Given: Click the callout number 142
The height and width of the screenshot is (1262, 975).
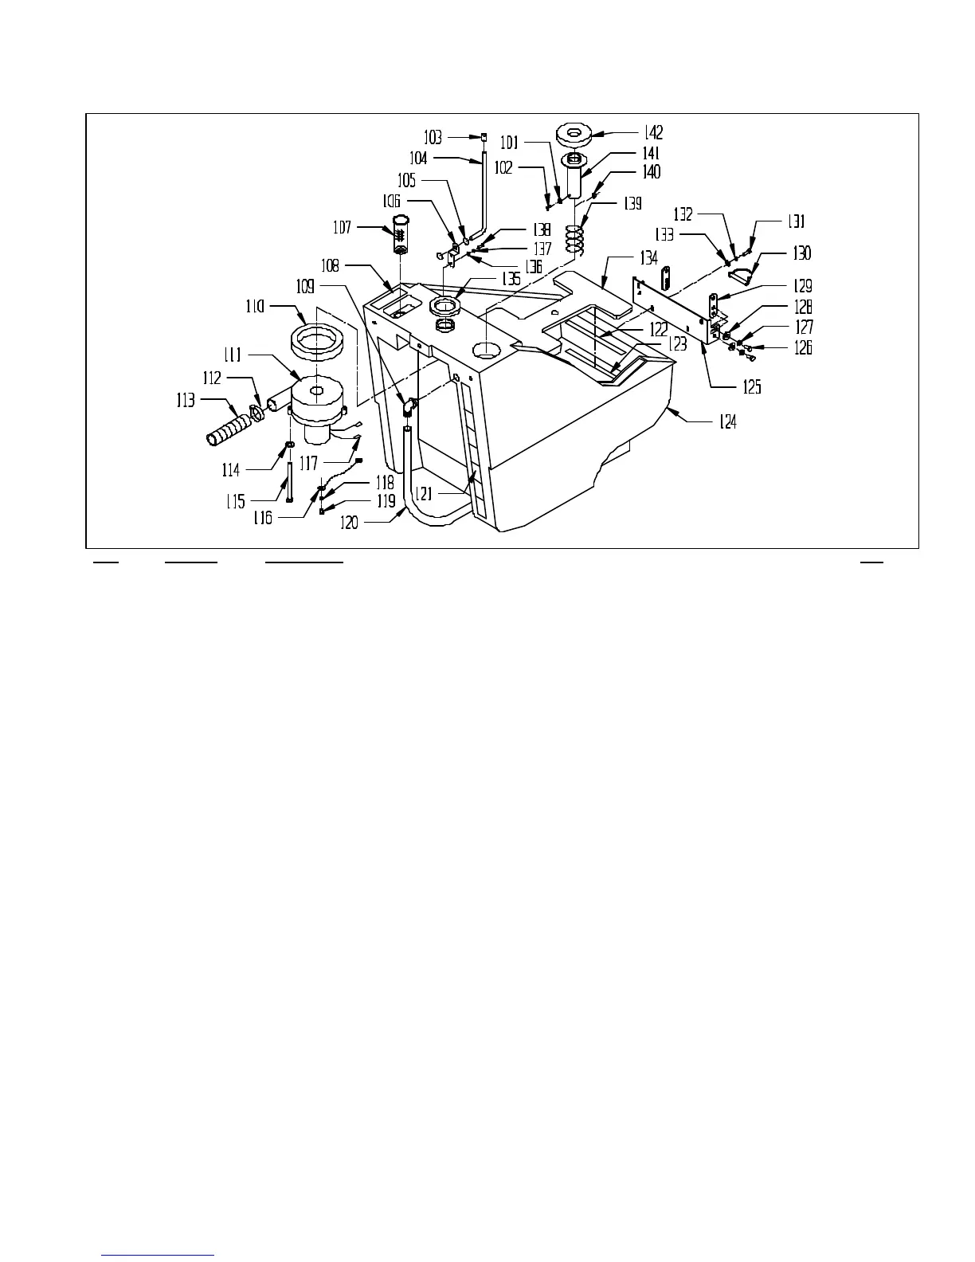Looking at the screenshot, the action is coord(652,133).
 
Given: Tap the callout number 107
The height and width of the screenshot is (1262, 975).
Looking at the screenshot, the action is coord(343,229).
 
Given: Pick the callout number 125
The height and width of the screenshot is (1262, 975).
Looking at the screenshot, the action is coord(751,387).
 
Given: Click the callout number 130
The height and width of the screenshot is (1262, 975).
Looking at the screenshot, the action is coord(801,253).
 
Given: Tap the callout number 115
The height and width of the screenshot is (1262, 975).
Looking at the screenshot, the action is coord(235,501).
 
